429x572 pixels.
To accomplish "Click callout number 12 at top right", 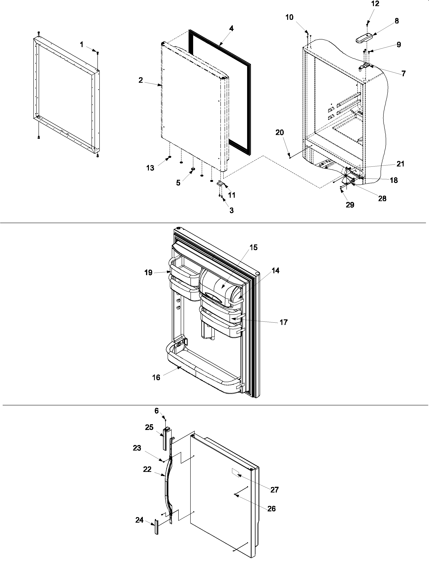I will coord(375,4).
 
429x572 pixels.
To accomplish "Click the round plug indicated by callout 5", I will coord(193,169).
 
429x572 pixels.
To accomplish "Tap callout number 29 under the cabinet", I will coord(350,205).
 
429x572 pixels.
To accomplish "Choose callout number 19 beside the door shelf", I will coord(148,272).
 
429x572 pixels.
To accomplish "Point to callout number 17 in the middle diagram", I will coord(284,322).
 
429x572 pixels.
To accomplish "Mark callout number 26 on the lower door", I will coord(272,509).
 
